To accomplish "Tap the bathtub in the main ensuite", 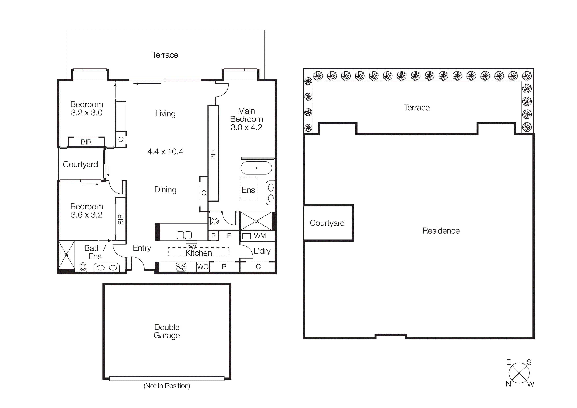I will (x=256, y=168).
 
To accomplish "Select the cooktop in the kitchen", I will (x=181, y=267).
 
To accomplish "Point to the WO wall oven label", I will (x=202, y=267).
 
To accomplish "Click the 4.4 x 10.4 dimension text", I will (x=165, y=152).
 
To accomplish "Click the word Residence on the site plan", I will (x=441, y=231).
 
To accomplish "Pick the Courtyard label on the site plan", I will (x=327, y=223).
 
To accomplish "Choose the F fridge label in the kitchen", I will (x=229, y=236).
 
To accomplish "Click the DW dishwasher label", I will (x=191, y=247).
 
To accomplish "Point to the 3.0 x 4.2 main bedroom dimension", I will (x=246, y=127).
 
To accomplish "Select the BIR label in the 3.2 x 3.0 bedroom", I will (x=86, y=142).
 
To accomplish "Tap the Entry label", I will (x=142, y=248).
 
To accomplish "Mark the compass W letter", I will (x=530, y=384).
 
